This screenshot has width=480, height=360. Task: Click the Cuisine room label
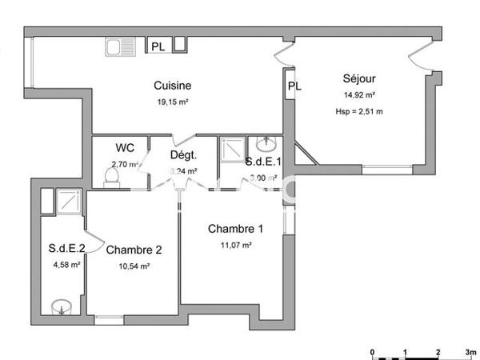[173, 86]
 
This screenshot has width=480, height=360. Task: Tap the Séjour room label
[359, 78]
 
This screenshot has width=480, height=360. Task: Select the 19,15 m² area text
[173, 102]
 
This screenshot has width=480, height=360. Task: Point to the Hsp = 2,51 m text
[359, 111]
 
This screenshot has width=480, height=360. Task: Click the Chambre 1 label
[235, 229]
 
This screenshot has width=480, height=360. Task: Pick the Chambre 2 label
[134, 250]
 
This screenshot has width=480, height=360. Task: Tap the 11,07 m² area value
[235, 246]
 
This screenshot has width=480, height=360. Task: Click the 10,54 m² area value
[134, 266]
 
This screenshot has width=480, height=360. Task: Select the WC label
[125, 148]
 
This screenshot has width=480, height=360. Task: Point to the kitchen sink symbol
[122, 47]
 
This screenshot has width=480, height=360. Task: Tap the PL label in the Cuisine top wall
[158, 47]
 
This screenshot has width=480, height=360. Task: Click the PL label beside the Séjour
[294, 86]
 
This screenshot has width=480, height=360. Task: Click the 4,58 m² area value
[66, 265]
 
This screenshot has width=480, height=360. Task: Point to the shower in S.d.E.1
[232, 148]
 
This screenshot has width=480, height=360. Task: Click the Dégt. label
[183, 156]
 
